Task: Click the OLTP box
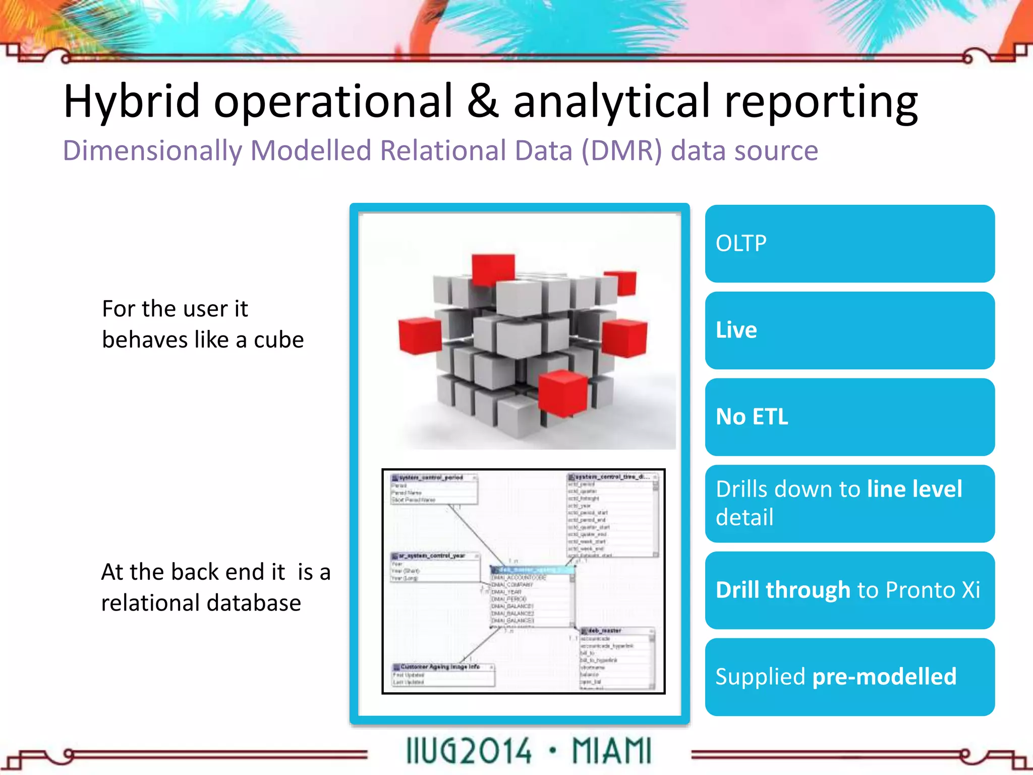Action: pos(849,244)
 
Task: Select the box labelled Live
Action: pos(849,330)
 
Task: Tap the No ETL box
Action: pos(849,417)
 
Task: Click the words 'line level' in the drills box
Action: pos(914,489)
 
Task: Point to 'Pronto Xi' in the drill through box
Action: pos(933,590)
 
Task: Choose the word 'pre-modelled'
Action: pos(884,677)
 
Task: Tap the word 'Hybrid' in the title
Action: pos(132,102)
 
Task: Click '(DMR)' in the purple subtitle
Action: pos(621,151)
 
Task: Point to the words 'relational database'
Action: pos(201,603)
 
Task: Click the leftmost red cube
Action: pos(419,336)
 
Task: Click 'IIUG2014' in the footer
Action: pos(469,751)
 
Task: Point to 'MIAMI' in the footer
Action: pos(611,751)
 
